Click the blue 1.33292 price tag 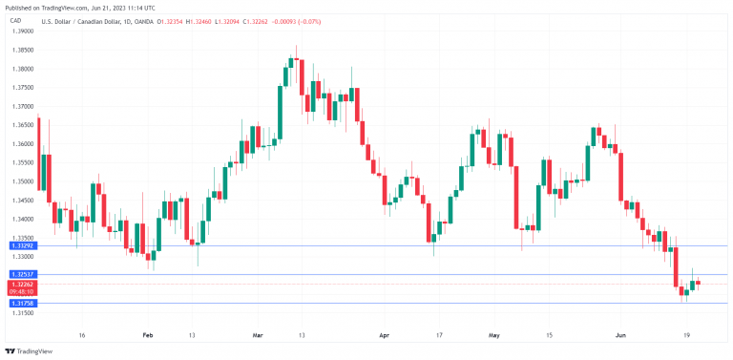coord(23,246)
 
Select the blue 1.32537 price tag coord(23,274)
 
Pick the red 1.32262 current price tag coord(23,284)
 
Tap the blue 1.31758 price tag coord(23,303)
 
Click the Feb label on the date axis coord(146,336)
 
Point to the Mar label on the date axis coord(258,336)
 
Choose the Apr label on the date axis coord(385,336)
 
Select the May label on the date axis coord(493,336)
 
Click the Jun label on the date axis coord(621,336)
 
